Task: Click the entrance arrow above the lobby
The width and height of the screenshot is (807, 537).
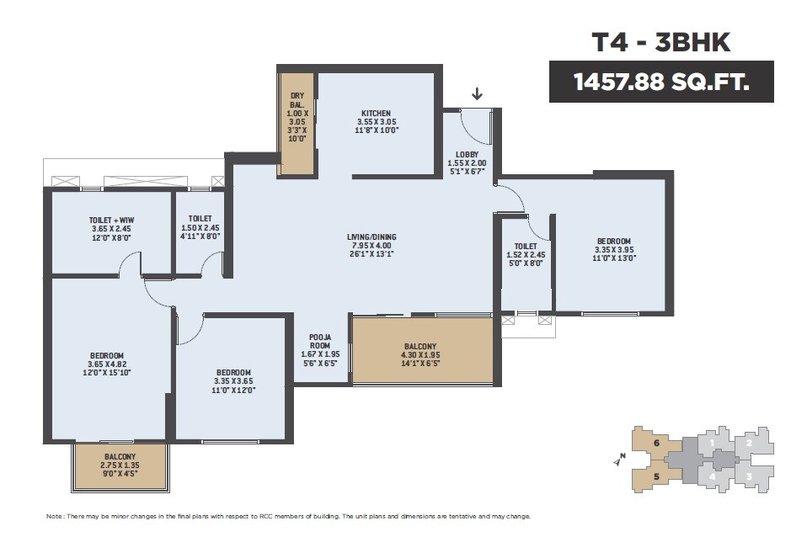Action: (477, 93)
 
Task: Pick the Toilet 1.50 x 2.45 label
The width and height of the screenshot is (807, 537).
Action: (200, 227)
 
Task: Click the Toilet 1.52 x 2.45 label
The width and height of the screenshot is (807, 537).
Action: (526, 255)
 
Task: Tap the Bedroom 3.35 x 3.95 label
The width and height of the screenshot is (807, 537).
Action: (612, 250)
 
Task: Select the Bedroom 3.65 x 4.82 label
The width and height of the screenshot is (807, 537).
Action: (107, 364)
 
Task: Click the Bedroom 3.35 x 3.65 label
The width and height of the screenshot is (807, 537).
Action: (232, 381)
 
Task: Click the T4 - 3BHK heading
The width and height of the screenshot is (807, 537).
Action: (660, 43)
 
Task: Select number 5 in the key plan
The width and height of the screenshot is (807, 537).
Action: (655, 476)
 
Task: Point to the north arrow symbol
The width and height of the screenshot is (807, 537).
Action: (620, 460)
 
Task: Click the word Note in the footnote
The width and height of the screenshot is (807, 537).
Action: (54, 516)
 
